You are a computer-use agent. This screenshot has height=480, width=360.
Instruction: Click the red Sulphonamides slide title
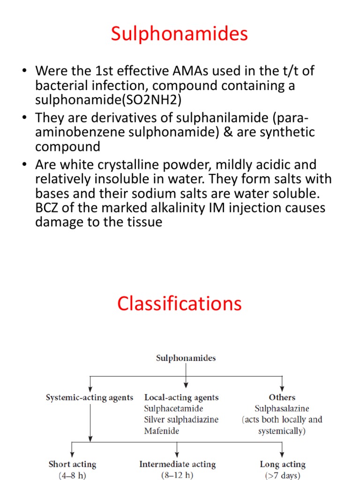coord(180,34)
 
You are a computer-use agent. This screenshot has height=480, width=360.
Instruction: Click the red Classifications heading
coord(180,304)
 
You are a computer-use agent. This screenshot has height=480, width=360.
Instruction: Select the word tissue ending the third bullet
coord(141,222)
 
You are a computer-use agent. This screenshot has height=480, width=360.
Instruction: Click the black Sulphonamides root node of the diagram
coord(186,358)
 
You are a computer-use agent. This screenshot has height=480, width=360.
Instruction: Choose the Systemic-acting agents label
coord(90,397)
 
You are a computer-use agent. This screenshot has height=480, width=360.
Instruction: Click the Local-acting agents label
coord(181,397)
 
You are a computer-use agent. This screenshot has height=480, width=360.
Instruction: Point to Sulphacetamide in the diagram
coord(173,409)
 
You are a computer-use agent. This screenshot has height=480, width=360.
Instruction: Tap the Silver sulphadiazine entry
coord(181,420)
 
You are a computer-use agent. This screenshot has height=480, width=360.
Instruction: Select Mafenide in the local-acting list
coord(162,431)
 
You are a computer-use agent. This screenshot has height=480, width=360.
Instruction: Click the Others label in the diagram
coord(282,397)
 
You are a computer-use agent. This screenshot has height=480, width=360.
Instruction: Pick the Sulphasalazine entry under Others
coord(282,409)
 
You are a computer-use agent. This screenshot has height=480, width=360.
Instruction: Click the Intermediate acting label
coord(177,465)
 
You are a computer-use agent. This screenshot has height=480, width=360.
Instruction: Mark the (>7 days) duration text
coord(282,475)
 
